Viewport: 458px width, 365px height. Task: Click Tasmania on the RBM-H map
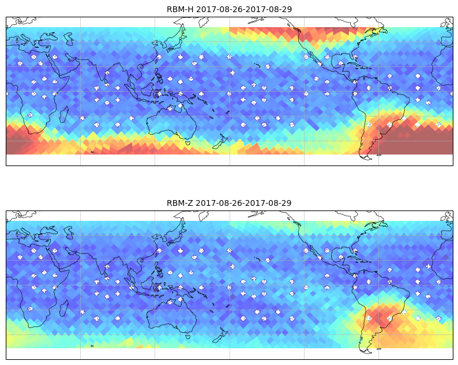pyautogui.click(x=188, y=142)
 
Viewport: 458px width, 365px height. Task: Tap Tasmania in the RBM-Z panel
pyautogui.click(x=188, y=336)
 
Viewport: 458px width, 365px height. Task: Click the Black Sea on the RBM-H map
pyautogui.click(x=49, y=36)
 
